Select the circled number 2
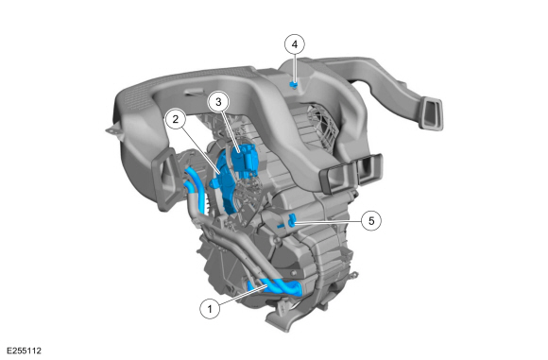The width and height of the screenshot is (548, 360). click(175, 119)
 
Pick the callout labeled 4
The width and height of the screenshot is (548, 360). click(295, 43)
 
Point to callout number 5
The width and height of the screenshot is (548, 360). click(371, 219)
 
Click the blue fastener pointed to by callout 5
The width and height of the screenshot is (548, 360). click(292, 220)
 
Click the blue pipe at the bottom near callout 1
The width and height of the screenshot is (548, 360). click(274, 287)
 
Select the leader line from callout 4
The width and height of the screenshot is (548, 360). click(295, 66)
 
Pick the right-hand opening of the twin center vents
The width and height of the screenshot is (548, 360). click(368, 168)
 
